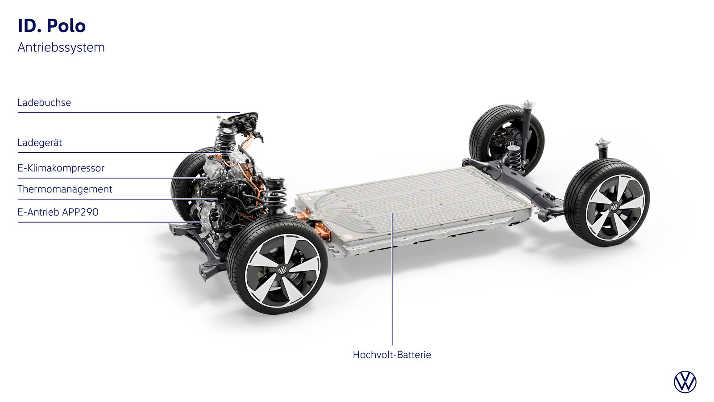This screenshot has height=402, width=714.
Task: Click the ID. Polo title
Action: pos(52,26)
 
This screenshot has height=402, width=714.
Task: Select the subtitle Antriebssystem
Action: pos(61,47)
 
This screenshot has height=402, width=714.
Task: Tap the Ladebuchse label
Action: pos(44,103)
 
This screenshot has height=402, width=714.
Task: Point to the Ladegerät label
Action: pos(40,142)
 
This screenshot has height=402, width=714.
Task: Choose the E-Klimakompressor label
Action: pos(61,168)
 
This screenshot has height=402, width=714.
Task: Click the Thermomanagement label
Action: pos(65,189)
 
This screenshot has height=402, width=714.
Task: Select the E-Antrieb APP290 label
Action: pos(58,212)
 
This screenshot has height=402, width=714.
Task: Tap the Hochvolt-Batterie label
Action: pos(392,355)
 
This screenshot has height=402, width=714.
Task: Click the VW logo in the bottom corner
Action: pos(685,382)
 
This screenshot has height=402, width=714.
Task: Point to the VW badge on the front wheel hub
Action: pos(282,270)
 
